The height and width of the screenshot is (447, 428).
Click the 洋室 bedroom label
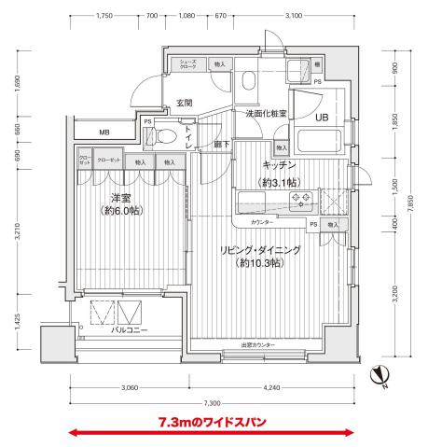click(120, 198)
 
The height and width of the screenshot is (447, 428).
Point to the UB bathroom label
click(321, 118)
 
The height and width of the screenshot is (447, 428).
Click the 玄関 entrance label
click(184, 103)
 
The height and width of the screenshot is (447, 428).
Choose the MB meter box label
click(104, 132)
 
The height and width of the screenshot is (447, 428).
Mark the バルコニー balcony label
click(130, 330)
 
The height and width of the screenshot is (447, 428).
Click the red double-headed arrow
click(212, 432)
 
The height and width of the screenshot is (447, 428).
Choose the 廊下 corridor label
click(220, 146)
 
